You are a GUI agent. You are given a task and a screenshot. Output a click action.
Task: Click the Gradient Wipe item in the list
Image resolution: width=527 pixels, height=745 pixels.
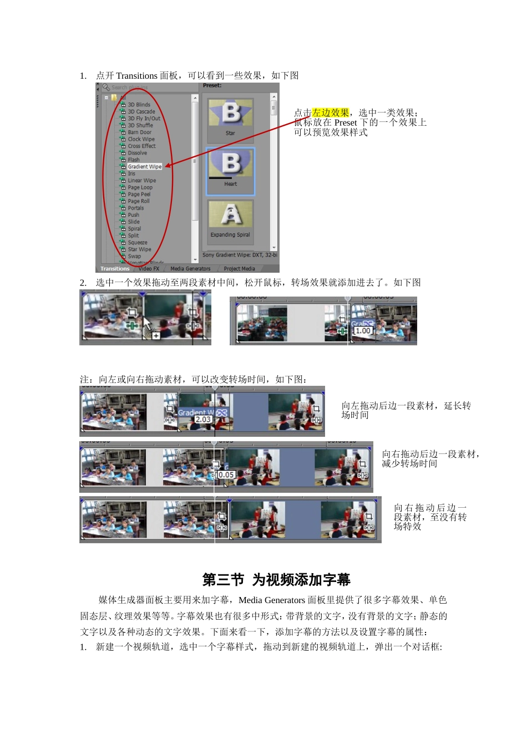[144, 166]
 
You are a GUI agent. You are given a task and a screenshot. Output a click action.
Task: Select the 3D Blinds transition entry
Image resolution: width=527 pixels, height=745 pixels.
[139, 105]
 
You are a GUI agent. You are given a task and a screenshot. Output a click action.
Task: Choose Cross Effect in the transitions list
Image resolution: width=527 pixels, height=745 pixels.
[141, 146]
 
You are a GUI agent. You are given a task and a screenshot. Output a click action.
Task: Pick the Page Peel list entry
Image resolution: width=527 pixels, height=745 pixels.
[139, 194]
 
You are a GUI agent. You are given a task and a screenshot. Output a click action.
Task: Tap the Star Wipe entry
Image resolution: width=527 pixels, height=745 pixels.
[139, 249]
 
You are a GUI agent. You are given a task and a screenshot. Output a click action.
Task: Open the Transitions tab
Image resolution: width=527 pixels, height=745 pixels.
[115, 269]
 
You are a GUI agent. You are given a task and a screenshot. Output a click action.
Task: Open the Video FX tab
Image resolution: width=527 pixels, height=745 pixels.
[149, 269]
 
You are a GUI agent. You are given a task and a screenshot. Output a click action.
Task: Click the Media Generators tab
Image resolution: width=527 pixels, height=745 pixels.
[190, 269]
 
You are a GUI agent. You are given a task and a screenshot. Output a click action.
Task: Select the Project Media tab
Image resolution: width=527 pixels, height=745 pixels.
[240, 269]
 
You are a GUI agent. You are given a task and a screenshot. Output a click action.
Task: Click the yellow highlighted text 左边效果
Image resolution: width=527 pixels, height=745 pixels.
[331, 113]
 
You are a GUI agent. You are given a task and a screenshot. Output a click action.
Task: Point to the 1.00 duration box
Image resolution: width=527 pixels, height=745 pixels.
[363, 330]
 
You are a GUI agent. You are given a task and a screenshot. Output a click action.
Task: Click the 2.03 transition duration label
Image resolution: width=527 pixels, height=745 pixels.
[203, 420]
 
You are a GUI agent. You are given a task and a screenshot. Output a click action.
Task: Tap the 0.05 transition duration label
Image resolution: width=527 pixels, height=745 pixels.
[225, 475]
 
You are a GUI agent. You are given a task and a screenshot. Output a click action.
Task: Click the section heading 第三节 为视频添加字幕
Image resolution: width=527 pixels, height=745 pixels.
[276, 580]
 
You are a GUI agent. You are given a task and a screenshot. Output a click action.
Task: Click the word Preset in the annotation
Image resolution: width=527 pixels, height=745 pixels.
[346, 123]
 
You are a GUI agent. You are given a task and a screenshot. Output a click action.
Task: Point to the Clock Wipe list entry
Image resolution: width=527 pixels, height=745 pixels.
[141, 139]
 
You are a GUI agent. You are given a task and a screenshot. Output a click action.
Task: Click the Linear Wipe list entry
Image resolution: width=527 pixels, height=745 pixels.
[141, 180]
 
